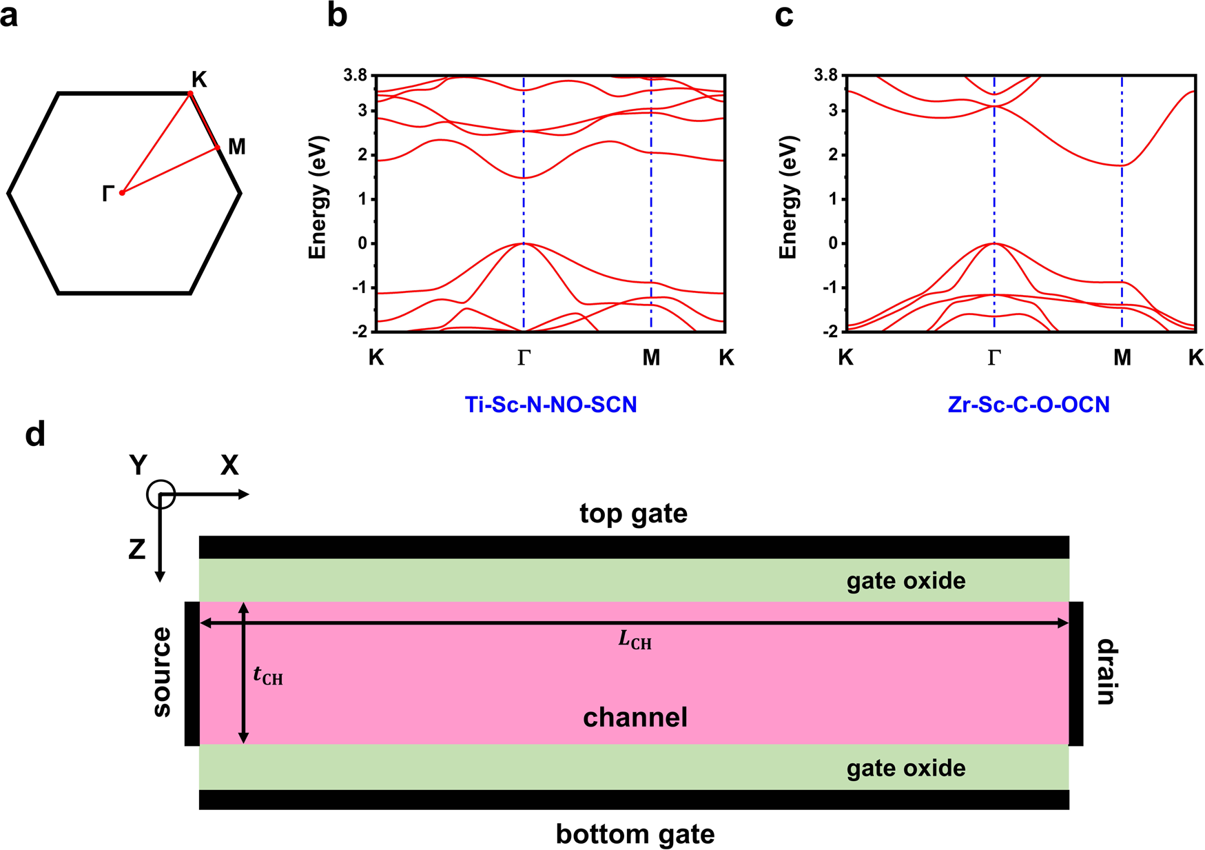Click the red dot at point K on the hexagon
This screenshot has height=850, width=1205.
(x=191, y=94)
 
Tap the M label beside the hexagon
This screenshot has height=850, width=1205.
(x=236, y=147)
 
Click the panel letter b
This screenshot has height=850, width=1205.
(x=337, y=15)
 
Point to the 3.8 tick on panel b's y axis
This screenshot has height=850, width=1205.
(x=356, y=75)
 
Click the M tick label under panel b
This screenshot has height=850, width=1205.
(x=651, y=357)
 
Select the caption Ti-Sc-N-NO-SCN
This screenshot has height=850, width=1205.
(x=550, y=404)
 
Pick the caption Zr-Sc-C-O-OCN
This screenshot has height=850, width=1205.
(x=1029, y=404)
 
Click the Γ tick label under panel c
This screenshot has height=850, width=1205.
(x=993, y=357)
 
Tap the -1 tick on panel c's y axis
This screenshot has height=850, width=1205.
(x=831, y=287)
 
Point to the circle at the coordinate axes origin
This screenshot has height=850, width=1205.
(x=161, y=494)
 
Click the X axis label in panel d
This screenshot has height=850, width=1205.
(x=229, y=467)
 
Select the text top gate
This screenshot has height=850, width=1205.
(x=633, y=514)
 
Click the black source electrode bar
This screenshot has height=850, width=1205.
(x=192, y=674)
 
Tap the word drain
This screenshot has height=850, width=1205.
(x=1105, y=672)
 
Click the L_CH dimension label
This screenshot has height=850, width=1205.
(x=635, y=641)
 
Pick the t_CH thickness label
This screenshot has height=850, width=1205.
(x=268, y=676)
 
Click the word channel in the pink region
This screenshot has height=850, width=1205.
(x=635, y=718)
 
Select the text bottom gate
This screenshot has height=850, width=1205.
(x=635, y=834)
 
